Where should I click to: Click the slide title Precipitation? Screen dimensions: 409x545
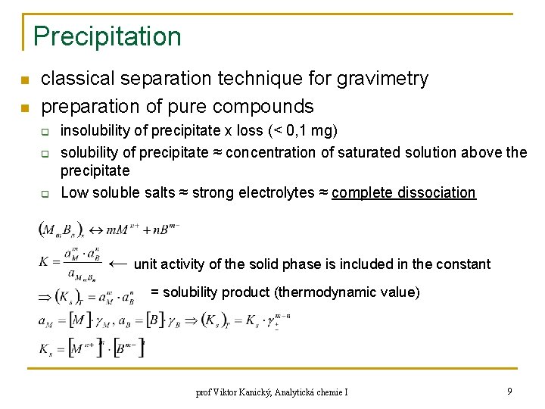point(107,36)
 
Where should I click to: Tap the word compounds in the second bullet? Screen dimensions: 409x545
point(266,105)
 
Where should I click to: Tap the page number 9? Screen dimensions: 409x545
point(510,392)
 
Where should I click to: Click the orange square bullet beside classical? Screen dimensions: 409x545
point(25,80)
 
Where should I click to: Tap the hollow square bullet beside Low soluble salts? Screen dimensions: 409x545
point(45,194)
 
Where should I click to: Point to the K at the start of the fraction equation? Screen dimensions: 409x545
point(44,261)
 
